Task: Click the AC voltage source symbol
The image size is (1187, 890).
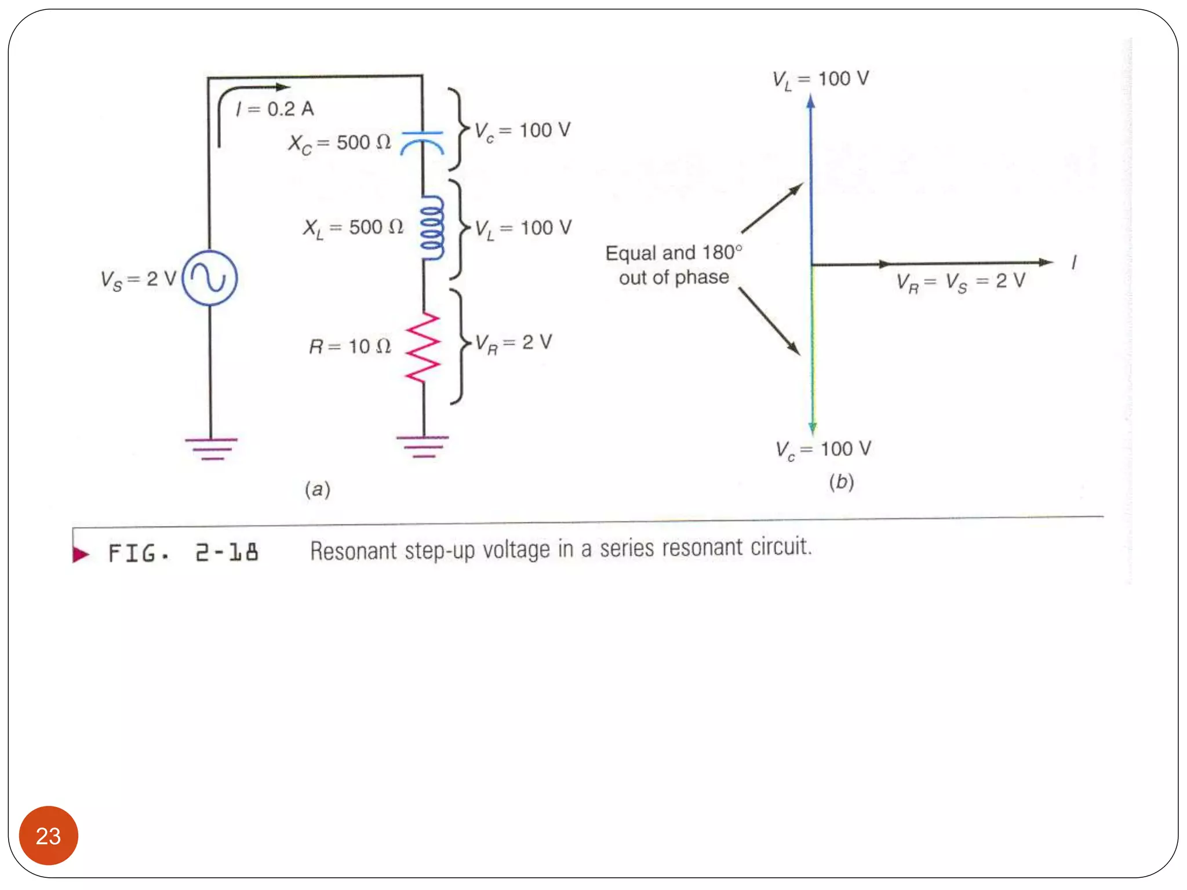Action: point(210,278)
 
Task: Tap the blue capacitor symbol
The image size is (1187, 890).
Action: point(423,143)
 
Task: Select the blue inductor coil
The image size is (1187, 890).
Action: point(432,228)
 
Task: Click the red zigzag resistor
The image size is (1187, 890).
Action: point(423,347)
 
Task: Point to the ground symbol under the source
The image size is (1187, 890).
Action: point(212,448)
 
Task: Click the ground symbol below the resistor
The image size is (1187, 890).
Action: point(423,446)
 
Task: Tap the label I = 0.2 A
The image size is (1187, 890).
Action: point(275,109)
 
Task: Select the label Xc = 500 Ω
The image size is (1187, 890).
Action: point(340,143)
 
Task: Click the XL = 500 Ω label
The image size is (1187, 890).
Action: point(353,228)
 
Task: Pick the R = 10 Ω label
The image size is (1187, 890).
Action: point(349,346)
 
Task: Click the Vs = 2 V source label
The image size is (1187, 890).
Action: point(138,280)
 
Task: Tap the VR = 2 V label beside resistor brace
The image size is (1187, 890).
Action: point(514,343)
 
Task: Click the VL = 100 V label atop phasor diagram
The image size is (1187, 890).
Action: point(820,79)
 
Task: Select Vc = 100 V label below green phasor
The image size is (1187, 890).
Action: point(823,450)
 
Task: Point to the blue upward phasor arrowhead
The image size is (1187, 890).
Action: point(811,102)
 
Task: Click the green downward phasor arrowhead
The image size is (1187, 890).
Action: point(813,428)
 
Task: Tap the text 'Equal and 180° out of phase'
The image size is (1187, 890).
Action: point(673,265)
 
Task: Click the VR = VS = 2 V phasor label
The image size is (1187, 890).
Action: point(960,282)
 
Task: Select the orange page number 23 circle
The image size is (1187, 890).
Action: point(49,835)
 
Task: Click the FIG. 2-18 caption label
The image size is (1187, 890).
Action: point(183,553)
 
